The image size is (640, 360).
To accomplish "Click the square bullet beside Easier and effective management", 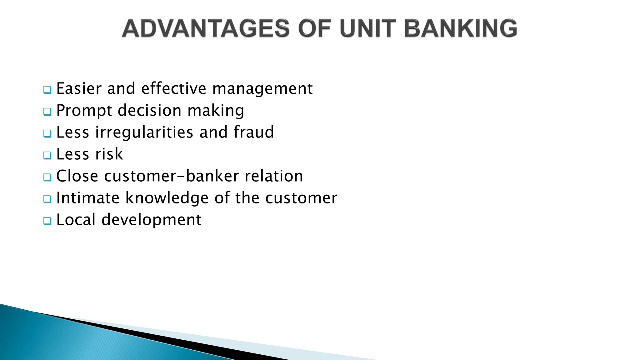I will (47, 90).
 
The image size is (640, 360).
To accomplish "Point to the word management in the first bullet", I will (262, 89).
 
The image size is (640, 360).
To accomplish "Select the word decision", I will (150, 111).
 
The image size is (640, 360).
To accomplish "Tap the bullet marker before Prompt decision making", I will (47, 112).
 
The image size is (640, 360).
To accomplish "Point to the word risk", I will (109, 154).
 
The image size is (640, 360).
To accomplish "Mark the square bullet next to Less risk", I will (47, 156).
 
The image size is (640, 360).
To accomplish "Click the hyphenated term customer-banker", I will (172, 176).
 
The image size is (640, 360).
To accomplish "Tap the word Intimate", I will (88, 198).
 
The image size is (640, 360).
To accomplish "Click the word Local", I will (76, 220).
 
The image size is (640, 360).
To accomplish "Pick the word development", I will (152, 220).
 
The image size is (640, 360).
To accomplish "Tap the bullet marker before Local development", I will (47, 221).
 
